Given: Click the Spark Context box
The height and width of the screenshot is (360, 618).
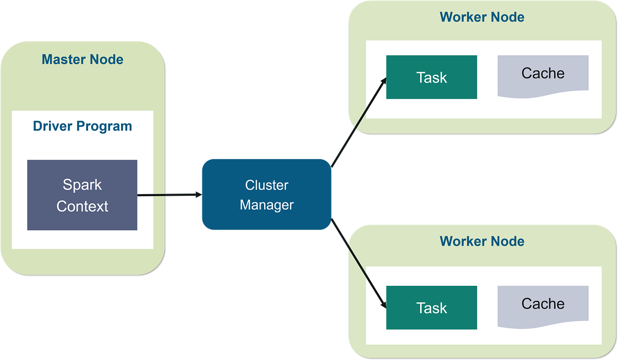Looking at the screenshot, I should (82, 195).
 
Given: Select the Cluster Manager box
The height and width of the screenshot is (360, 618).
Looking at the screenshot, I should (266, 195).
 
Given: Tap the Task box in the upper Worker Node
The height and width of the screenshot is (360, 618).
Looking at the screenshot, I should (432, 77).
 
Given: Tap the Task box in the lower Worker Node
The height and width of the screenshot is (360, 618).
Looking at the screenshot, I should (432, 308).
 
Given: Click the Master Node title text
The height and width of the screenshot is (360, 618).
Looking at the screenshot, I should (82, 59).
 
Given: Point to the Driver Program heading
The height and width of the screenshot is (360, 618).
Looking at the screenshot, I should (82, 126).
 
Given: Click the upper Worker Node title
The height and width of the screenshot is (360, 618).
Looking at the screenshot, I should (482, 17).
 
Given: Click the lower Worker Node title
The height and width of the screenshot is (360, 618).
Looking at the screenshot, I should (482, 241).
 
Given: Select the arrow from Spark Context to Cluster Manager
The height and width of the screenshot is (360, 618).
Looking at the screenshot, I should (167, 195).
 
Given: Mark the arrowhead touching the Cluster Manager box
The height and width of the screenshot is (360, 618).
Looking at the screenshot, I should (197, 195).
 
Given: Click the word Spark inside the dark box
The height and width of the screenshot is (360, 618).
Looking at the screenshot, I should (82, 184).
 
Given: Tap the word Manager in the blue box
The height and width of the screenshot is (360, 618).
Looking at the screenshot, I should (267, 204).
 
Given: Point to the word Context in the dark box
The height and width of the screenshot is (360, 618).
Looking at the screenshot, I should (82, 206).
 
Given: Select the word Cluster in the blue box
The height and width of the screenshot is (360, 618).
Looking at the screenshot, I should (267, 185).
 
